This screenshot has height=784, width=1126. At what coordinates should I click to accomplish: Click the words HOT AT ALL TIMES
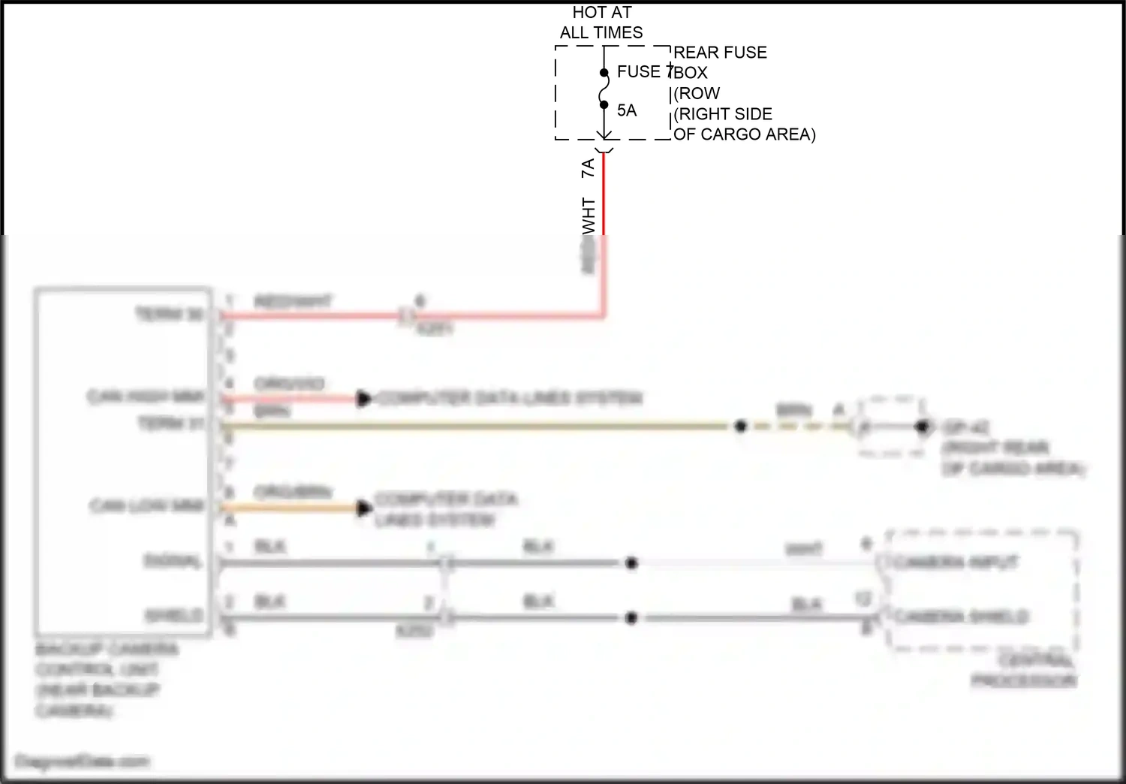[x=601, y=23]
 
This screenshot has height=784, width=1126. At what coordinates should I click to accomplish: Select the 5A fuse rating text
[x=627, y=110]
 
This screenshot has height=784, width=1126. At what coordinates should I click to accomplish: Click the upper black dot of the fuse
[x=604, y=73]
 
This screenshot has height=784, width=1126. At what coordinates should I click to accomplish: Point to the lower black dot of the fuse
[x=604, y=104]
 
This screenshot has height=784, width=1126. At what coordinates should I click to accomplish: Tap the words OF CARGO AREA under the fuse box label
[x=743, y=134]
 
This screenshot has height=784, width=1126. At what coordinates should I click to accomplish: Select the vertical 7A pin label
[x=589, y=167]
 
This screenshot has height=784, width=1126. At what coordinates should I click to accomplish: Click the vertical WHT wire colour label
[x=589, y=216]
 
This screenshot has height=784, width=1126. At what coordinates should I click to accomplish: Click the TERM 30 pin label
[x=170, y=315]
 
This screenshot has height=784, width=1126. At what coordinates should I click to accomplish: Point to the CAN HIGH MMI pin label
[x=146, y=397]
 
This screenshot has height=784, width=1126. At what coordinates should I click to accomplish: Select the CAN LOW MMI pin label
[x=147, y=506]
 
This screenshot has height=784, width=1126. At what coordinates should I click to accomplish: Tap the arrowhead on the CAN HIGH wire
[x=364, y=399]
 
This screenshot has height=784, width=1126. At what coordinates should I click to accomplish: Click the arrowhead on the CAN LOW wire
[x=364, y=508]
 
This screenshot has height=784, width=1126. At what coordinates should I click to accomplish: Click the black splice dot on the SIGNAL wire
[x=632, y=562]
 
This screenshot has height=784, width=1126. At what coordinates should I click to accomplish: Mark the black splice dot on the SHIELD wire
[x=631, y=618]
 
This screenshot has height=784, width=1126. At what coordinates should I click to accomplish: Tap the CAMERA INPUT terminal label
[x=955, y=562]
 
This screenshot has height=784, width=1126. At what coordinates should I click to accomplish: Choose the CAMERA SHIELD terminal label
[x=962, y=617]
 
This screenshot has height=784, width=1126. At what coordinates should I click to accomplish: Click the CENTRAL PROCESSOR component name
[x=1025, y=671]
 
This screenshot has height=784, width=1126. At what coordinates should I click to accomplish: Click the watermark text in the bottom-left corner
[x=82, y=761]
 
